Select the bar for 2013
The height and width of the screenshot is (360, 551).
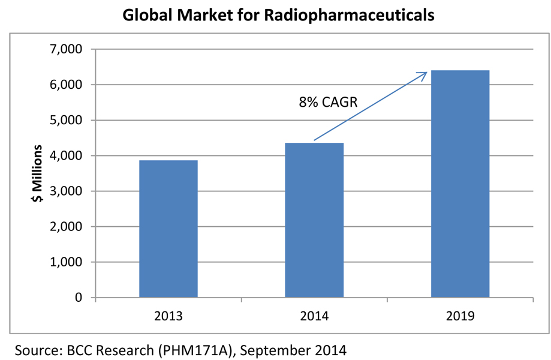168,229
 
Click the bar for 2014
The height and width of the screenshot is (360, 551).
314,220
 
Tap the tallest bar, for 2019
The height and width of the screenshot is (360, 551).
460,184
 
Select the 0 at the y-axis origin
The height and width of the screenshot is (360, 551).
78,298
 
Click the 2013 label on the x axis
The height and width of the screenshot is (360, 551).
168,315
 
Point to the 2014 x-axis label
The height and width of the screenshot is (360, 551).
314,315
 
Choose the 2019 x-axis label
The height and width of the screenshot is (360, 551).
460,315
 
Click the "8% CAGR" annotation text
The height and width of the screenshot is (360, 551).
328,102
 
